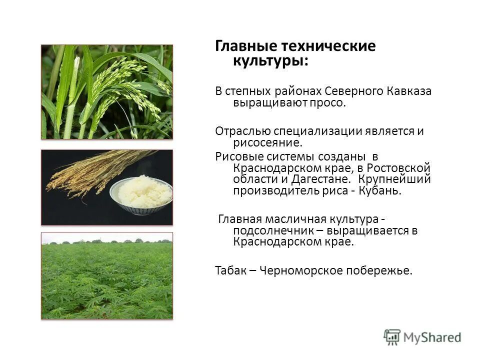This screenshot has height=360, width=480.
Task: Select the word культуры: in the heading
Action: coord(270,61)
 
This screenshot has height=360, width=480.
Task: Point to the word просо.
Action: coord(330,103)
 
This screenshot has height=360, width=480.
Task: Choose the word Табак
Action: coord(229,270)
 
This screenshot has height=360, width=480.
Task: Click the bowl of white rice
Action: coord(141,192)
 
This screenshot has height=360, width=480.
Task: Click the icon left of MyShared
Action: coord(392,337)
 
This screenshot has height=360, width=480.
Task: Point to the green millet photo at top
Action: coord(106,92)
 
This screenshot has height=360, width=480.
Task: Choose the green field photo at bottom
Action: coord(106,275)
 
